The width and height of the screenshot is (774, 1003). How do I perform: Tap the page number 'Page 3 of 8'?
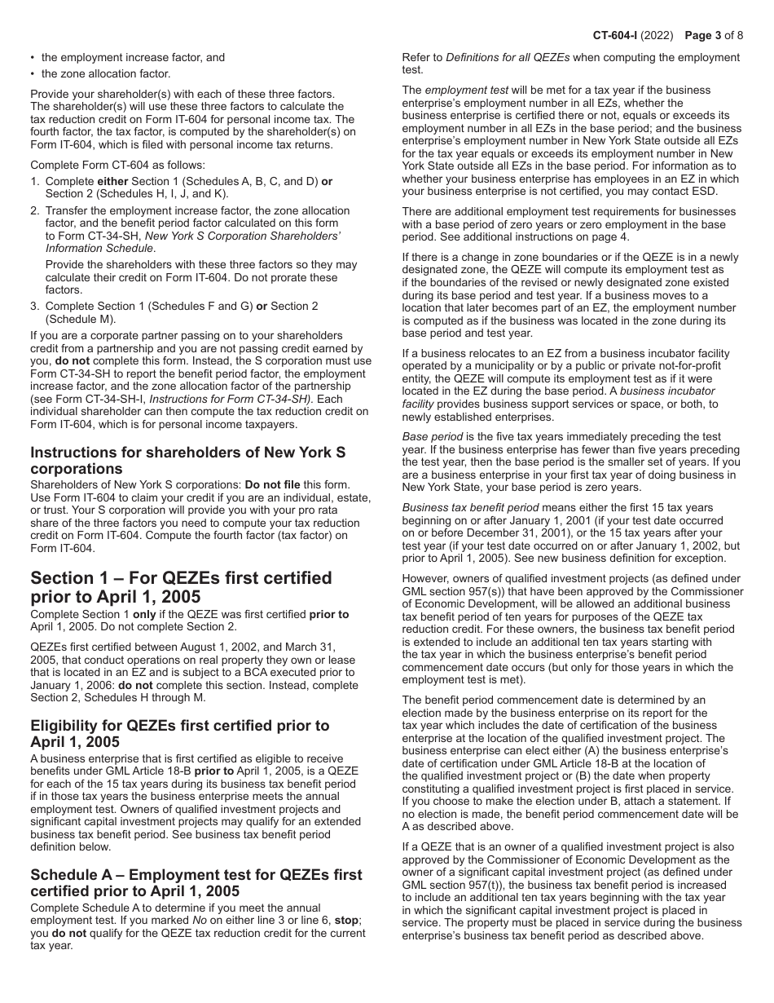click(714, 36)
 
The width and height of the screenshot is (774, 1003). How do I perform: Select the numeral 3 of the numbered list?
click(34, 306)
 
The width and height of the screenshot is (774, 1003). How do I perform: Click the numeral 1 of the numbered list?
click(34, 181)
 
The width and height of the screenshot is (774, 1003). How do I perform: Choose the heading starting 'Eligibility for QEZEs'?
click(179, 733)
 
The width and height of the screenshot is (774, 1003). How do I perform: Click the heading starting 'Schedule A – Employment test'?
click(196, 882)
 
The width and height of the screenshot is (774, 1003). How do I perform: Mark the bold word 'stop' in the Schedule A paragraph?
click(347, 921)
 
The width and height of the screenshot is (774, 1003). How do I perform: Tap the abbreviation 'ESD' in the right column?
click(706, 192)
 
